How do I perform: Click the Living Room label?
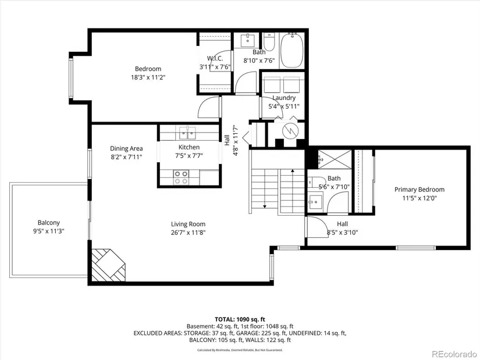(188, 224)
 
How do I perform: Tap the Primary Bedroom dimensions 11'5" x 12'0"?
(419, 198)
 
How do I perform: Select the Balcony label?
(49, 223)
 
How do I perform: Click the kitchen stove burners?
(180, 177)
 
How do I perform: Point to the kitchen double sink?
(187, 133)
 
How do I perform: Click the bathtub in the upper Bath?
(291, 51)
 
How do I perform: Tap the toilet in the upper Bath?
(269, 42)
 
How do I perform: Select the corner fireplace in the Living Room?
(109, 265)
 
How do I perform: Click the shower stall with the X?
(335, 159)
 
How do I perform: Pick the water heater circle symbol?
(290, 131)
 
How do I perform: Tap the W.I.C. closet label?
(215, 59)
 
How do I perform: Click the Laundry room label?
(284, 98)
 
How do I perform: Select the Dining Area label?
(126, 148)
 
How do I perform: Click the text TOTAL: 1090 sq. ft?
(240, 320)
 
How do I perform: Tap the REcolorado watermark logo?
(454, 354)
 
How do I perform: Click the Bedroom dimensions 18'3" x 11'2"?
(148, 77)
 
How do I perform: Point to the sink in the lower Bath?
(315, 201)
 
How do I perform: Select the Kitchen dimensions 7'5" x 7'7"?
(189, 156)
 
